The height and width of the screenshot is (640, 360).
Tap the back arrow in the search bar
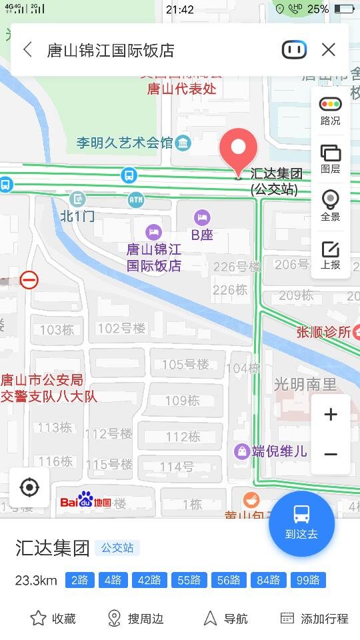point(27,50)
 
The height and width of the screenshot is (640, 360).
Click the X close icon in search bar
point(328,50)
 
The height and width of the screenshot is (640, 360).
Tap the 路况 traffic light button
point(330,111)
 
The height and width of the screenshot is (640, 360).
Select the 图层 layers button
point(330,159)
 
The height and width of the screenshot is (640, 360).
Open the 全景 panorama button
point(330,205)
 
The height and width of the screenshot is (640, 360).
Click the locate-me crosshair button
point(29,488)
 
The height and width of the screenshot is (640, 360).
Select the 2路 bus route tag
point(79,580)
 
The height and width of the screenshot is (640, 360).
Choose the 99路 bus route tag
point(308,580)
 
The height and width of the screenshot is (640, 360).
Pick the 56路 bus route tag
point(229,580)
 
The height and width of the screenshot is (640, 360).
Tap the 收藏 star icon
point(39,618)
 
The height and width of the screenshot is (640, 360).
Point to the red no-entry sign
point(29,279)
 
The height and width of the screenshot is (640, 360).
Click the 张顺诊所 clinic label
point(324,332)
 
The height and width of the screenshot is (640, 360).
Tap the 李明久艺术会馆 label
point(125,142)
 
